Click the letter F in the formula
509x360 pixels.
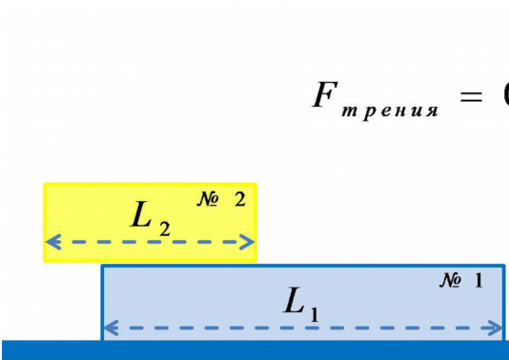coord(325,94)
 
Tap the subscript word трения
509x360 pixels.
coord(390,111)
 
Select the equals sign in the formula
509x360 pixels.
coord(471,96)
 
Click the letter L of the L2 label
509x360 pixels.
coord(140,213)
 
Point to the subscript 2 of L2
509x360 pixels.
coord(165,230)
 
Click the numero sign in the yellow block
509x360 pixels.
coord(208,199)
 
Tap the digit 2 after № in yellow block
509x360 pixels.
coord(240,199)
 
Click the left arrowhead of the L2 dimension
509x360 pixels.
coord(54,242)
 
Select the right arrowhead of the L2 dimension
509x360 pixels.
coord(247,242)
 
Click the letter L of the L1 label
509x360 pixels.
coord(295,300)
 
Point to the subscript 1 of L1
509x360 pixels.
coord(315,314)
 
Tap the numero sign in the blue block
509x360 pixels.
coord(450,280)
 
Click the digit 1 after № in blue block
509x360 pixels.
coord(478,280)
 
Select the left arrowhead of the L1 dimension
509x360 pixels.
coord(111,328)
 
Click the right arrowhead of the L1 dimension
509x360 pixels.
coord(495,328)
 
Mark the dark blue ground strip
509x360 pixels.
coord(254,350)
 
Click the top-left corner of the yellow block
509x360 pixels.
coord(44,184)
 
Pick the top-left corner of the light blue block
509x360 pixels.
coord(101,265)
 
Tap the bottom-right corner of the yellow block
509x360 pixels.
coord(256,261)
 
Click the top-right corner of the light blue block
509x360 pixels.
coord(505,265)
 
